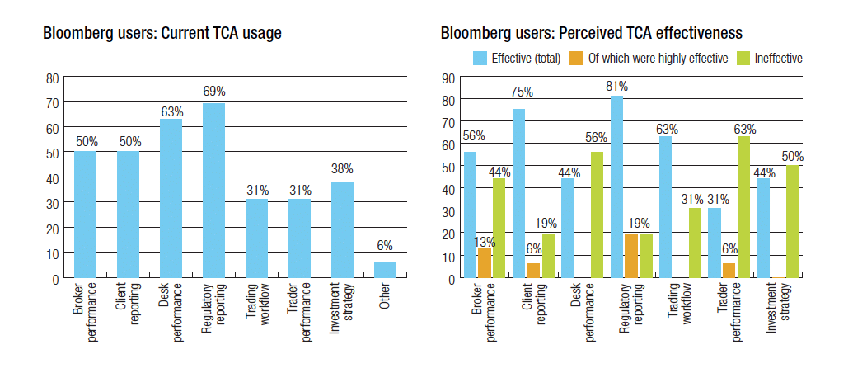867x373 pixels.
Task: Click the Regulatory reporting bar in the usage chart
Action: pyautogui.click(x=213, y=191)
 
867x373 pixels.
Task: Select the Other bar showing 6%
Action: pyautogui.click(x=385, y=270)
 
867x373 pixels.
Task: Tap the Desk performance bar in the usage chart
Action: pyautogui.click(x=171, y=198)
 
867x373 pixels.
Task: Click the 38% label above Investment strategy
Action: pyautogui.click(x=342, y=169)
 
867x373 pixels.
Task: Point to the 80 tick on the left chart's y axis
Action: pyautogui.click(x=53, y=78)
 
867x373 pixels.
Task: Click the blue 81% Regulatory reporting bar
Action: pyautogui.click(x=617, y=187)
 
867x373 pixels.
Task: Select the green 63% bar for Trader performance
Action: pyautogui.click(x=743, y=207)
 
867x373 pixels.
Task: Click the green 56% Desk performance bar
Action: pyautogui.click(x=597, y=215)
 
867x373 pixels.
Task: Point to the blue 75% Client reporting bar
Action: pyautogui.click(x=519, y=194)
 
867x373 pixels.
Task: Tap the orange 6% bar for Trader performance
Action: pyautogui.click(x=729, y=271)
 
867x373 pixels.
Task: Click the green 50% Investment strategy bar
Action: pyautogui.click(x=792, y=221)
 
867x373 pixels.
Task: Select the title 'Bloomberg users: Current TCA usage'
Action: pyautogui.click(x=162, y=34)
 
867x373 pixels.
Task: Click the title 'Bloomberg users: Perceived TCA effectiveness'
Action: pyautogui.click(x=592, y=34)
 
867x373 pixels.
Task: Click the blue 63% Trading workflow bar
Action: pyautogui.click(x=666, y=207)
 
